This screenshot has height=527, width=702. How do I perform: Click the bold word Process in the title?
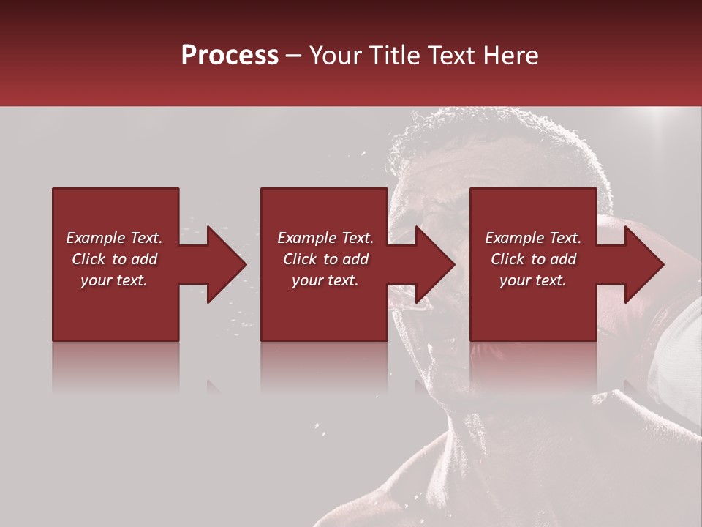tap(230, 56)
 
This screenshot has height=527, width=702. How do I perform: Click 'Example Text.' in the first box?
tap(114, 238)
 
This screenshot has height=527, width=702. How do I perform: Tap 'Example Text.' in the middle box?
tap(325, 238)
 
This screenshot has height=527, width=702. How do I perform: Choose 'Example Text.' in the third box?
tap(533, 238)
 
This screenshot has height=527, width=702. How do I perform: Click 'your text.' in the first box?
tap(114, 280)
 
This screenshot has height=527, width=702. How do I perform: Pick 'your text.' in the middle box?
tap(325, 280)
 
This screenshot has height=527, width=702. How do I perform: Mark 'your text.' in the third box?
tap(533, 280)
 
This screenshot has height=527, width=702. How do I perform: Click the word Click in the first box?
tap(89, 259)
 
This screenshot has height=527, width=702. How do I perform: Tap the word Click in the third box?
tap(508, 259)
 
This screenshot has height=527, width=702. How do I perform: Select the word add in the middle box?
tap(355, 259)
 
